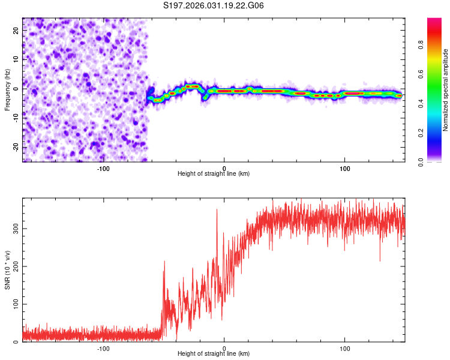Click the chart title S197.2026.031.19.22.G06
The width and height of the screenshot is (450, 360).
click(214, 6)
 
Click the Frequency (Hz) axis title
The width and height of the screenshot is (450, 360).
click(7, 89)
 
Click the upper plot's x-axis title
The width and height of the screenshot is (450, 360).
click(214, 173)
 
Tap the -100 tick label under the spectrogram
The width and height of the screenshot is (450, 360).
click(103, 167)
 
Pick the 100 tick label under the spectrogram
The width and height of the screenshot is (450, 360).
click(345, 167)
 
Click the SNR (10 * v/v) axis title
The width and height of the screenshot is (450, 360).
click(7, 270)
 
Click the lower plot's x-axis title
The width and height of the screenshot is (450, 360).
click(214, 353)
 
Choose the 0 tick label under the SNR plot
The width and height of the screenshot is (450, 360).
click(224, 347)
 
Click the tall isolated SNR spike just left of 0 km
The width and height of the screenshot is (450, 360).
click(217, 211)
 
